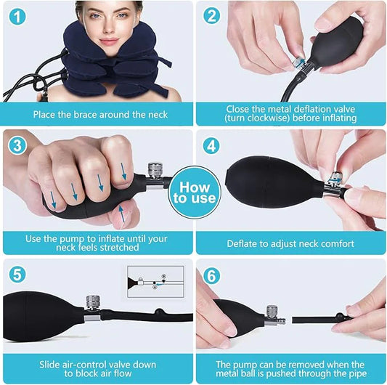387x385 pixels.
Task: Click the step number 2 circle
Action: point(212,16)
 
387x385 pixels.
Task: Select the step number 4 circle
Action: point(212,145)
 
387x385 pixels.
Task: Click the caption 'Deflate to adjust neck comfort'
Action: point(290,244)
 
